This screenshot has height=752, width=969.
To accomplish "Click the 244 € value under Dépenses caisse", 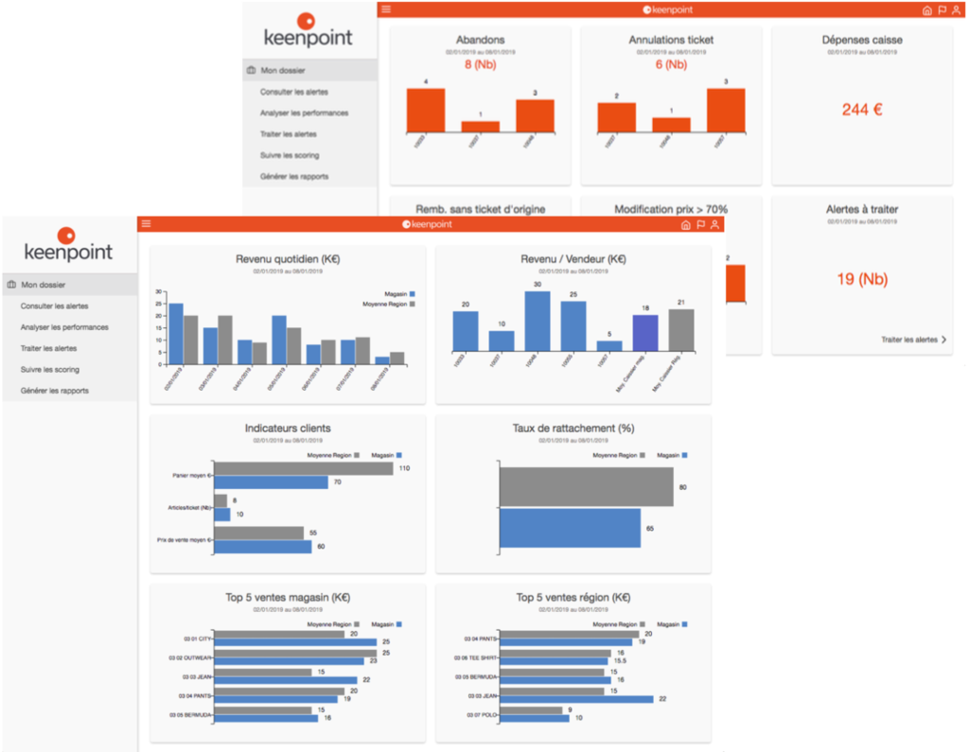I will [x=861, y=110].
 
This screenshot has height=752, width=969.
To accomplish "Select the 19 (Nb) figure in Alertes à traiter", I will [x=861, y=279].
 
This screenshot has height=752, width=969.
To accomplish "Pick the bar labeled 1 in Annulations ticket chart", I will [x=671, y=124].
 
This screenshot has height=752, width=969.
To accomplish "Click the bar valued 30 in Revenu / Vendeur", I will [x=537, y=321].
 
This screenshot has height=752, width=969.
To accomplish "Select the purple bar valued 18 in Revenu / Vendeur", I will [x=645, y=333].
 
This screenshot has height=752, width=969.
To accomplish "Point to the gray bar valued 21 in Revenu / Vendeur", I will [x=681, y=330].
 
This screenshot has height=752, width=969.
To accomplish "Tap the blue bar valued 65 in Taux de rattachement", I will [x=570, y=528].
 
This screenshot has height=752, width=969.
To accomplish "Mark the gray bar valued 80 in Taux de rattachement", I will [x=587, y=487].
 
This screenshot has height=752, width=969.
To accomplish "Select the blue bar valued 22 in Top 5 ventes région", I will [x=576, y=699].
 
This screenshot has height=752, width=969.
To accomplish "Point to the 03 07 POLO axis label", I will [x=482, y=714].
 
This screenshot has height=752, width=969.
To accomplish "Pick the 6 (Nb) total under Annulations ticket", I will [x=670, y=65].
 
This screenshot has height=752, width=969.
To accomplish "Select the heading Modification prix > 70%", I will [x=670, y=209].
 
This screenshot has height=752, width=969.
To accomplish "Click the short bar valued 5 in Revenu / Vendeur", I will [x=609, y=345].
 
